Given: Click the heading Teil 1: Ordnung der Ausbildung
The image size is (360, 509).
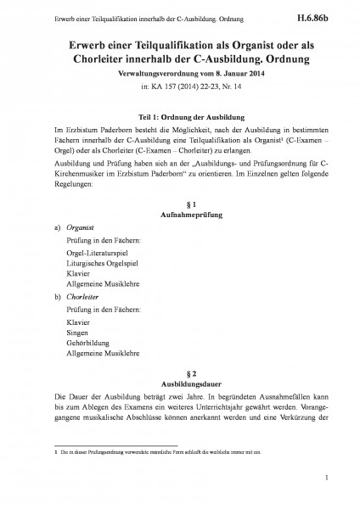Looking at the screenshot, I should [180, 115].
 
